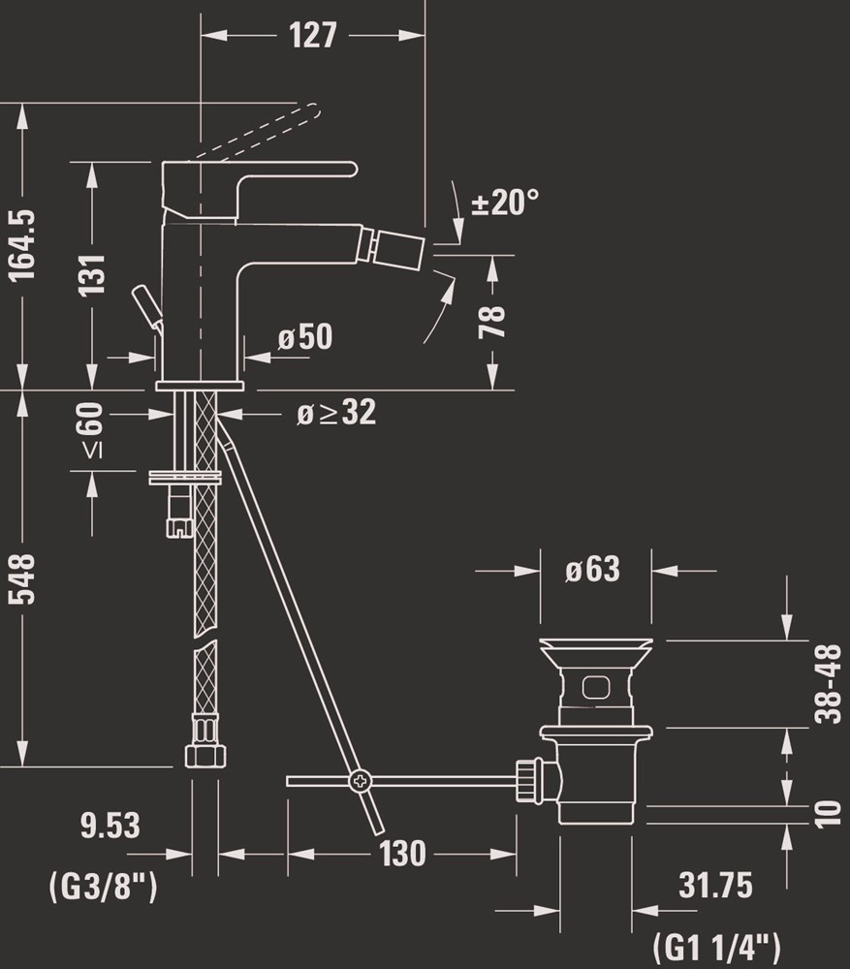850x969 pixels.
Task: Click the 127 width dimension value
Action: click(313, 35)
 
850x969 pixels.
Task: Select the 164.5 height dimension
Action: click(23, 245)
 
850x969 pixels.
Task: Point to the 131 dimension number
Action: click(92, 274)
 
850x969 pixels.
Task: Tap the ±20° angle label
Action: click(504, 202)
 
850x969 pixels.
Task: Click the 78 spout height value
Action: click(492, 322)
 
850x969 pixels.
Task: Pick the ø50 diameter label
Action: click(304, 337)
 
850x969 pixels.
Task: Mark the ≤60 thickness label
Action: click(92, 430)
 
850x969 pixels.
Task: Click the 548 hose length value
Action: click(23, 578)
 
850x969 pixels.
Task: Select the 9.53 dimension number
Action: click(110, 826)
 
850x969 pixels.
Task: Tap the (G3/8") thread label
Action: click(104, 887)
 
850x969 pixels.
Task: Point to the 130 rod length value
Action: click(403, 854)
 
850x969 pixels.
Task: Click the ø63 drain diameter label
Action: click(592, 569)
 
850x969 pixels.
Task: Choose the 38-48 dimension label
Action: click(828, 683)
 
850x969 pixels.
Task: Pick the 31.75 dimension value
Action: click(715, 885)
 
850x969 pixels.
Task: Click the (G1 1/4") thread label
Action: click(716, 947)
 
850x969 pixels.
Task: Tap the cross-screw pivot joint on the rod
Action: click(360, 781)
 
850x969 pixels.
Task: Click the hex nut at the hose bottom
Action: click(205, 755)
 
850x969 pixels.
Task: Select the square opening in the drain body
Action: click(596, 687)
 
